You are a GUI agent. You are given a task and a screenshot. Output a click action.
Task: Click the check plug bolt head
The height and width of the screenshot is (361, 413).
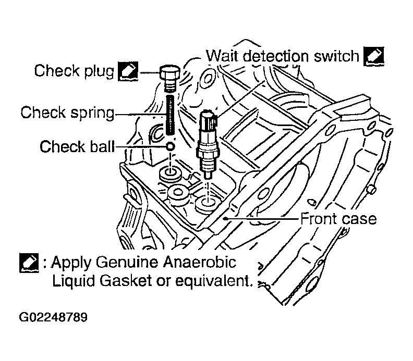point(169,73)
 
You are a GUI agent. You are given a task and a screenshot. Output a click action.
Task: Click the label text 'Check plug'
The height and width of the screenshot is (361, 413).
point(74,71)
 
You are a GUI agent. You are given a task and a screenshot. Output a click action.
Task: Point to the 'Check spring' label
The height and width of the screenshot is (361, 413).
point(67,112)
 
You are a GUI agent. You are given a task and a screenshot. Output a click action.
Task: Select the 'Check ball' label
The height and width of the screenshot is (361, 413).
point(77,147)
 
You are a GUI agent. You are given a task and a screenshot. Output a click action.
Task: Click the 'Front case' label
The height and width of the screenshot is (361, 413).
point(338,218)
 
